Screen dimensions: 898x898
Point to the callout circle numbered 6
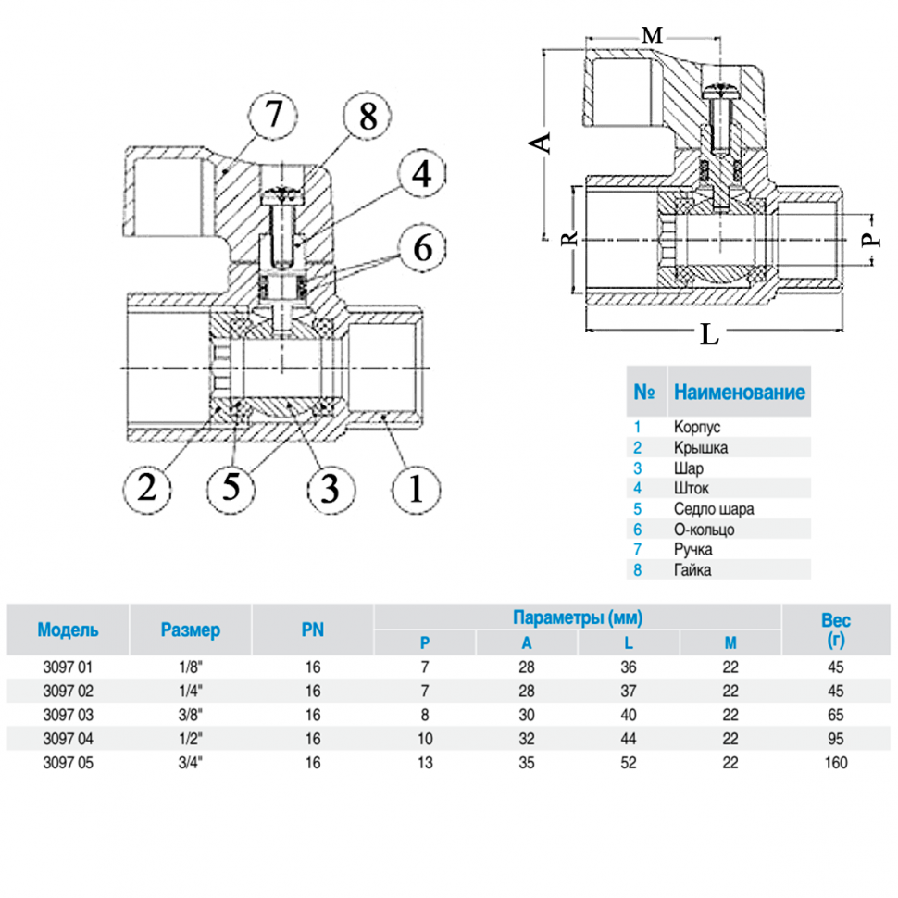tap(419, 247)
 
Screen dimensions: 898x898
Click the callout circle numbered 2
tap(147, 486)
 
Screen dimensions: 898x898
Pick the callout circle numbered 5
tap(233, 486)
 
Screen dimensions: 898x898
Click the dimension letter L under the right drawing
tap(709, 335)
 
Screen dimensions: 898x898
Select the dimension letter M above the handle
tap(654, 35)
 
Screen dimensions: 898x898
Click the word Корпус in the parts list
tap(697, 427)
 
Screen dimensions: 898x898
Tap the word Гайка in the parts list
tap(692, 569)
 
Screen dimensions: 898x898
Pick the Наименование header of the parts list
tap(739, 392)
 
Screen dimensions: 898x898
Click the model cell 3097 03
tap(69, 715)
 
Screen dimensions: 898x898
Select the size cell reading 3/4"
tap(190, 763)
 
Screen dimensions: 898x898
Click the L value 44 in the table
tap(629, 739)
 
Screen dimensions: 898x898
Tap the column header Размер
tap(191, 630)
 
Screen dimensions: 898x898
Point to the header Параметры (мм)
tap(578, 617)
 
